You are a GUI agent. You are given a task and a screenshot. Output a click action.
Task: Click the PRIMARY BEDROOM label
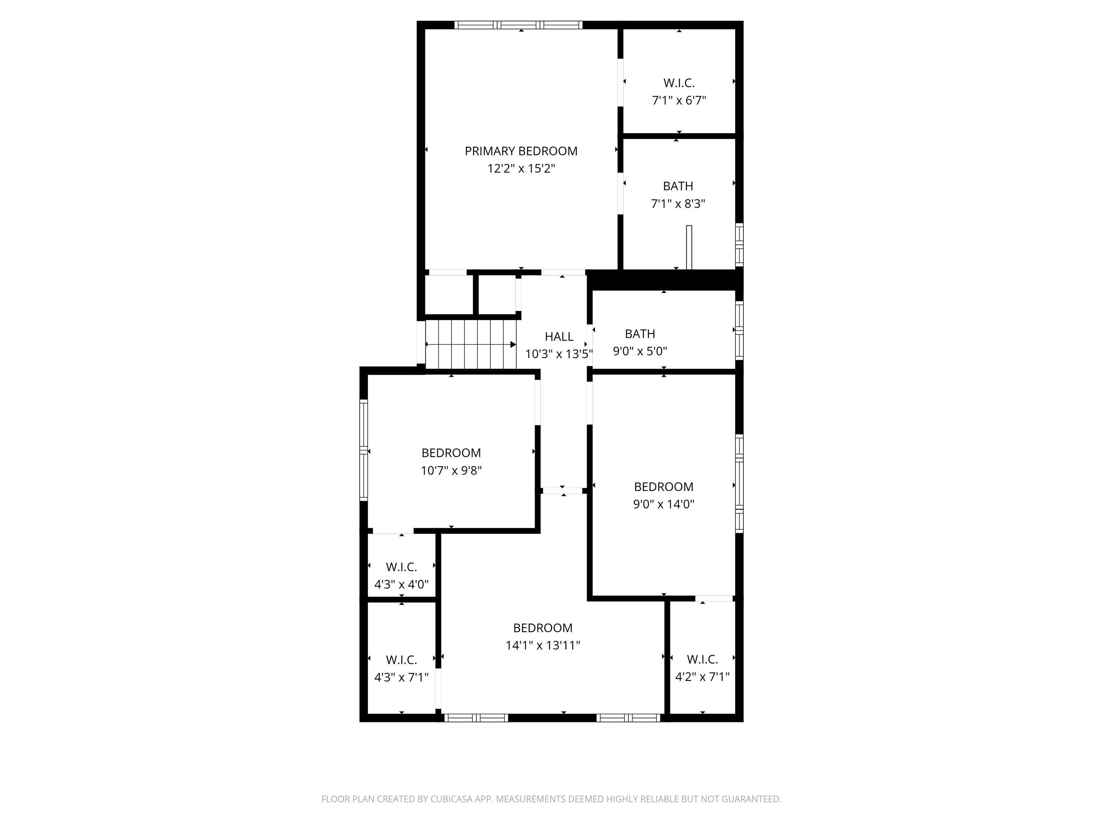click(521, 151)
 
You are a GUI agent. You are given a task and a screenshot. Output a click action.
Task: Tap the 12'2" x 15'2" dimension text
click(521, 168)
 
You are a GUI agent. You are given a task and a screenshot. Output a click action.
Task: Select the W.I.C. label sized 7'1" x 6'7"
click(679, 83)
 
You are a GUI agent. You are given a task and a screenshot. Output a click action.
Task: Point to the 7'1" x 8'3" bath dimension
click(678, 204)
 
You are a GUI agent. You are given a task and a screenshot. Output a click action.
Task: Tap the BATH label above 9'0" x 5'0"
click(640, 333)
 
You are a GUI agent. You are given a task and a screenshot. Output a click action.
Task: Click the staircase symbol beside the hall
click(471, 344)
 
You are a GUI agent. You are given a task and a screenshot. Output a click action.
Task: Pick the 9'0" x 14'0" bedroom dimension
click(663, 504)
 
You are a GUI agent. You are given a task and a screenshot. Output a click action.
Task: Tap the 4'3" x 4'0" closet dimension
click(401, 584)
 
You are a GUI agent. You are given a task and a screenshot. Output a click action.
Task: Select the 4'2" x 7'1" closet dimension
click(702, 677)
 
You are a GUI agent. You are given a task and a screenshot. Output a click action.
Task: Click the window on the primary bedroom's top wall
click(518, 25)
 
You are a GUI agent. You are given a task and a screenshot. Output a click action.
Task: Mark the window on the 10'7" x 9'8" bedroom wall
click(363, 450)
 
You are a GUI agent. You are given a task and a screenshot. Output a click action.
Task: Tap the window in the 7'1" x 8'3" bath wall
click(740, 245)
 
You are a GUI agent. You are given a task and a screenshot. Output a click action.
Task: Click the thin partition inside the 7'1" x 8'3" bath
click(689, 247)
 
